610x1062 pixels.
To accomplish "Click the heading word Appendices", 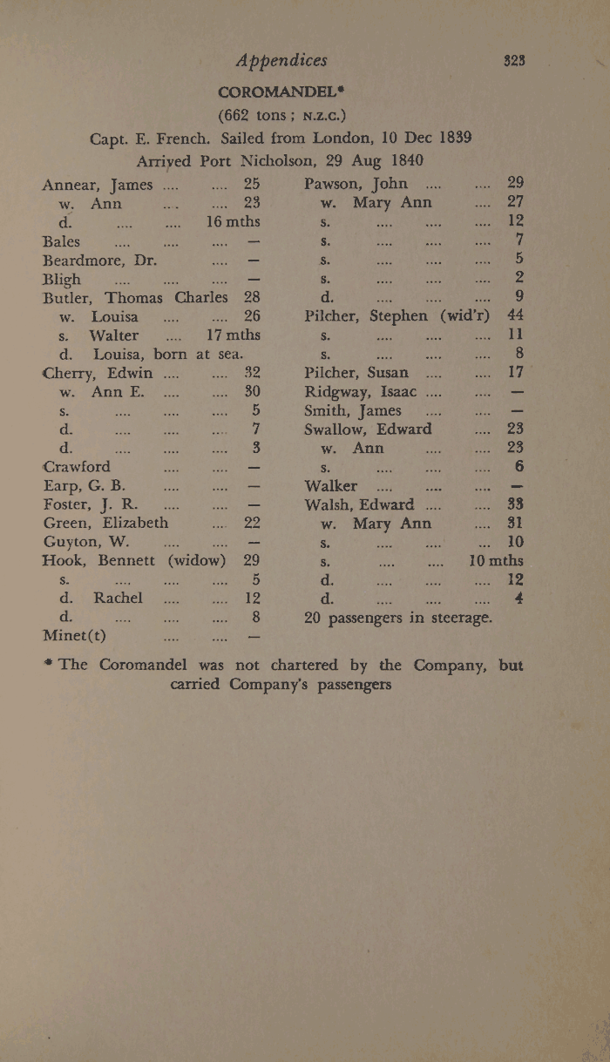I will [282, 60].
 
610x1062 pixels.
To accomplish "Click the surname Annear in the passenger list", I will [73, 186].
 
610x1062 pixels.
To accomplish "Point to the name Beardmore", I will [90, 260].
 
